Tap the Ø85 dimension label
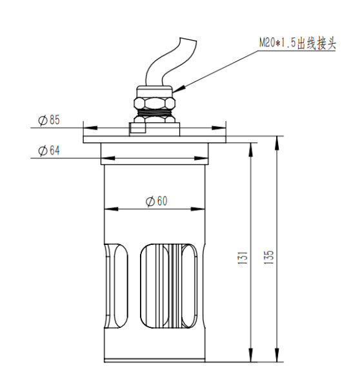tap(48, 120)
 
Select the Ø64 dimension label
tap(48, 150)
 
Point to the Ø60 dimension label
tap(155, 201)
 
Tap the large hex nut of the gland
tap(155, 103)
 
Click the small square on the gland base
tap(135, 131)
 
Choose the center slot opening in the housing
tap(155, 284)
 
